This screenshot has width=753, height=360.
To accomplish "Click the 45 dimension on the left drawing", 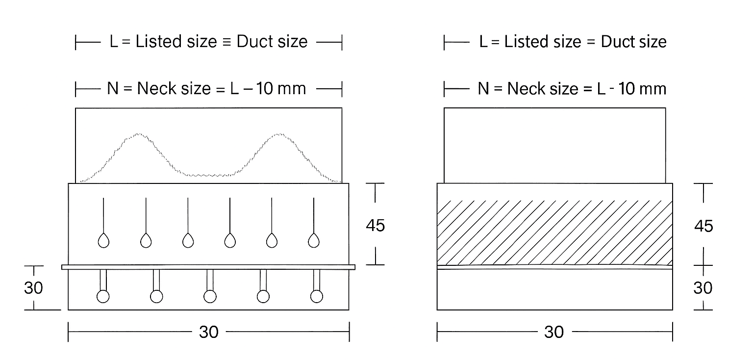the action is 375,226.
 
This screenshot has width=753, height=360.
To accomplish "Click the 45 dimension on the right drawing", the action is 703,226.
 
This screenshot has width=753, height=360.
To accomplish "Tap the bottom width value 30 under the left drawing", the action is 209,332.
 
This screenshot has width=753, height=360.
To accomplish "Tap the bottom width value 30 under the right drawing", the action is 554,332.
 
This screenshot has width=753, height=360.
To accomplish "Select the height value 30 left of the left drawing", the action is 33,288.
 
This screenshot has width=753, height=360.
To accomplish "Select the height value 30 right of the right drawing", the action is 703,288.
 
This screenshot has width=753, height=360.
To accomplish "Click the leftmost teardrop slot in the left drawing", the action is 103,240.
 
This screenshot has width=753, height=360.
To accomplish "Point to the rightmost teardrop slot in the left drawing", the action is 314,240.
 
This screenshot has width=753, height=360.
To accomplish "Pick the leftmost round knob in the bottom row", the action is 103,296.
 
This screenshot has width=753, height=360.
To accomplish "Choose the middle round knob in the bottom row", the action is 210,296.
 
